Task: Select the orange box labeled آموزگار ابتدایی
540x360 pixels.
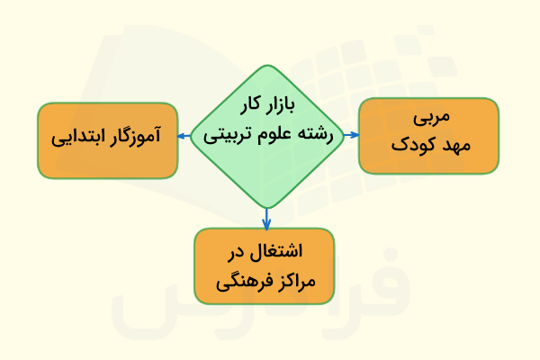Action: [x=107, y=139]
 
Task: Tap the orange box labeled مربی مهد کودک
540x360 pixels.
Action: [x=428, y=135]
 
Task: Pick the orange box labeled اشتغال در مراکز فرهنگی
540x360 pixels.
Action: [x=264, y=266]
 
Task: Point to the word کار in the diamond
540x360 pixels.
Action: [x=247, y=105]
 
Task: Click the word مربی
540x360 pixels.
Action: [x=429, y=120]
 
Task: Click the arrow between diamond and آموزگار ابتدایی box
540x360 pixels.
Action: [x=184, y=136]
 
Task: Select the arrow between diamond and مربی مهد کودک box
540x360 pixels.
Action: [x=350, y=135]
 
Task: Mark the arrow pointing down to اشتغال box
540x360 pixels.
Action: [x=267, y=218]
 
